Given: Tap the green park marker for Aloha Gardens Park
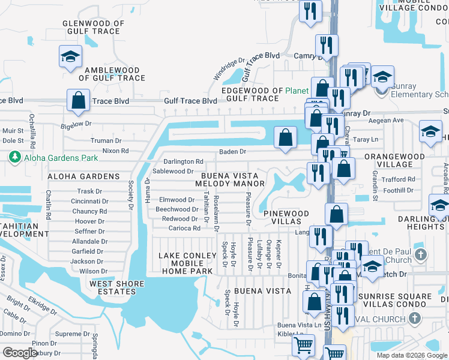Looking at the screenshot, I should [14, 157].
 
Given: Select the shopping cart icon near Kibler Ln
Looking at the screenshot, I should [303, 346].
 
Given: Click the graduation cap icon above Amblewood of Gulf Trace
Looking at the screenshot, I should [70, 56].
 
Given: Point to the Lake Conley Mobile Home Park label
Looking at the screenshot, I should [186, 263].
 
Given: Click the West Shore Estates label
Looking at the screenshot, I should [117, 287].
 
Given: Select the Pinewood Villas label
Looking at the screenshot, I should [286, 217].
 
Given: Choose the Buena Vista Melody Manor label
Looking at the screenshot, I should [228, 180].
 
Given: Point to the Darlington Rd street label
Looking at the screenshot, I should [184, 161].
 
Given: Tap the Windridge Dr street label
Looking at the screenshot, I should [230, 69].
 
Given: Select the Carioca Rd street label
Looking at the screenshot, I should [184, 229].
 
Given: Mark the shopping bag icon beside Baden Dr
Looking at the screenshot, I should [285, 137].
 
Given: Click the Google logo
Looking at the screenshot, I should [20, 353].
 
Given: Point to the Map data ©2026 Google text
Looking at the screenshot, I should [411, 355].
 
